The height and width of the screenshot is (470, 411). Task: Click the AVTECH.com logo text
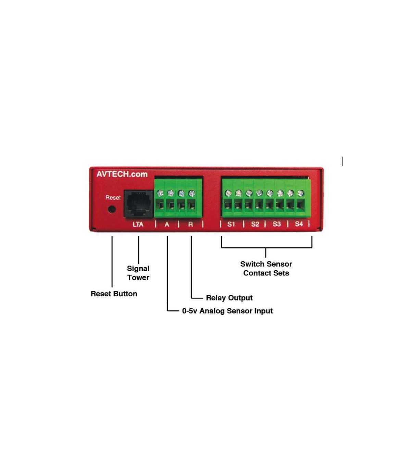tap(122, 174)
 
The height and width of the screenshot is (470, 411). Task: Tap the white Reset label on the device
tap(113, 198)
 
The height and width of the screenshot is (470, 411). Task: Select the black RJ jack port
tap(138, 204)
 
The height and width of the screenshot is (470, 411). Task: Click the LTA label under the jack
tap(138, 224)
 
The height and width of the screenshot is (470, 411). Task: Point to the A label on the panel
tap(167, 224)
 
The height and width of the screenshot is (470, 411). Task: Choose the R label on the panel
tap(190, 224)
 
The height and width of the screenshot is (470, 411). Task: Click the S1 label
tap(231, 224)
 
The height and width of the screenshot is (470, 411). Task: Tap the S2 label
tap(255, 224)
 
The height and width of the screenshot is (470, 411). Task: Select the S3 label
tap(277, 224)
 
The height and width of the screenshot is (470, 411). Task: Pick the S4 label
tap(299, 224)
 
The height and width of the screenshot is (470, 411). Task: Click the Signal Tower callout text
tap(138, 273)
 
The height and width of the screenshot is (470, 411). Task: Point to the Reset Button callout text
tap(114, 294)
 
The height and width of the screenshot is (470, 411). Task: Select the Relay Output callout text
tap(229, 298)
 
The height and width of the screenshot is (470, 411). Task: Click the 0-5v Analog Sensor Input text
tap(227, 311)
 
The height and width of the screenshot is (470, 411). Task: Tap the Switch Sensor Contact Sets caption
tap(266, 268)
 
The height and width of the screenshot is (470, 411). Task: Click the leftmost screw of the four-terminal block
tap(160, 193)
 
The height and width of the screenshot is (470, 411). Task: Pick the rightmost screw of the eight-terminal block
tap(301, 194)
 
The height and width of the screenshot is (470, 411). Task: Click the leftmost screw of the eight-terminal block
tap(228, 193)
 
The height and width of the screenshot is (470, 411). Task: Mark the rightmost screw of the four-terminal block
tap(192, 194)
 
